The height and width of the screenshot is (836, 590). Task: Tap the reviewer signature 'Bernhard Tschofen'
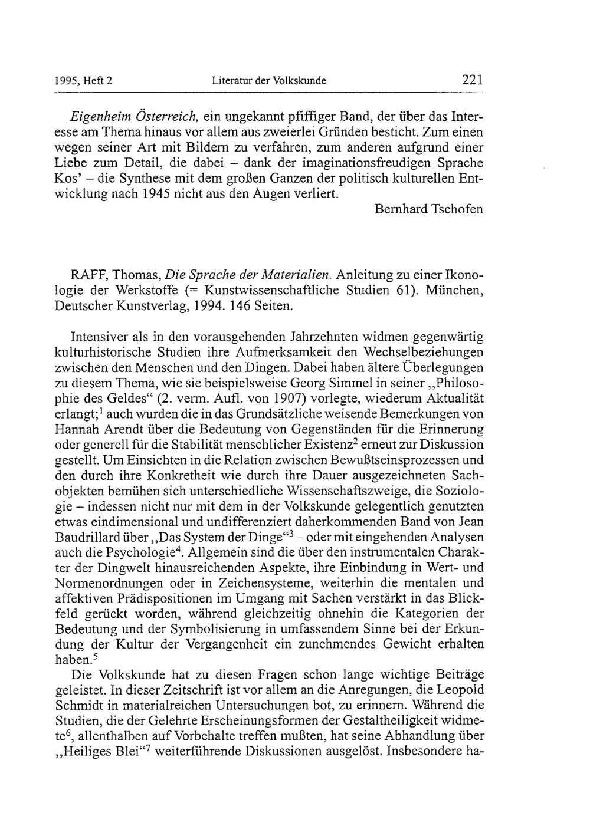point(429,210)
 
